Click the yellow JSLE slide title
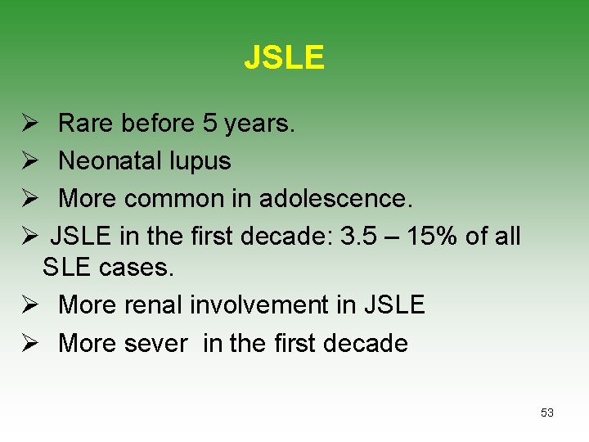click(284, 58)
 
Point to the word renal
click(155, 305)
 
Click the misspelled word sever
click(156, 343)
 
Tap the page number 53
click(547, 413)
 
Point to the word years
click(260, 124)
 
